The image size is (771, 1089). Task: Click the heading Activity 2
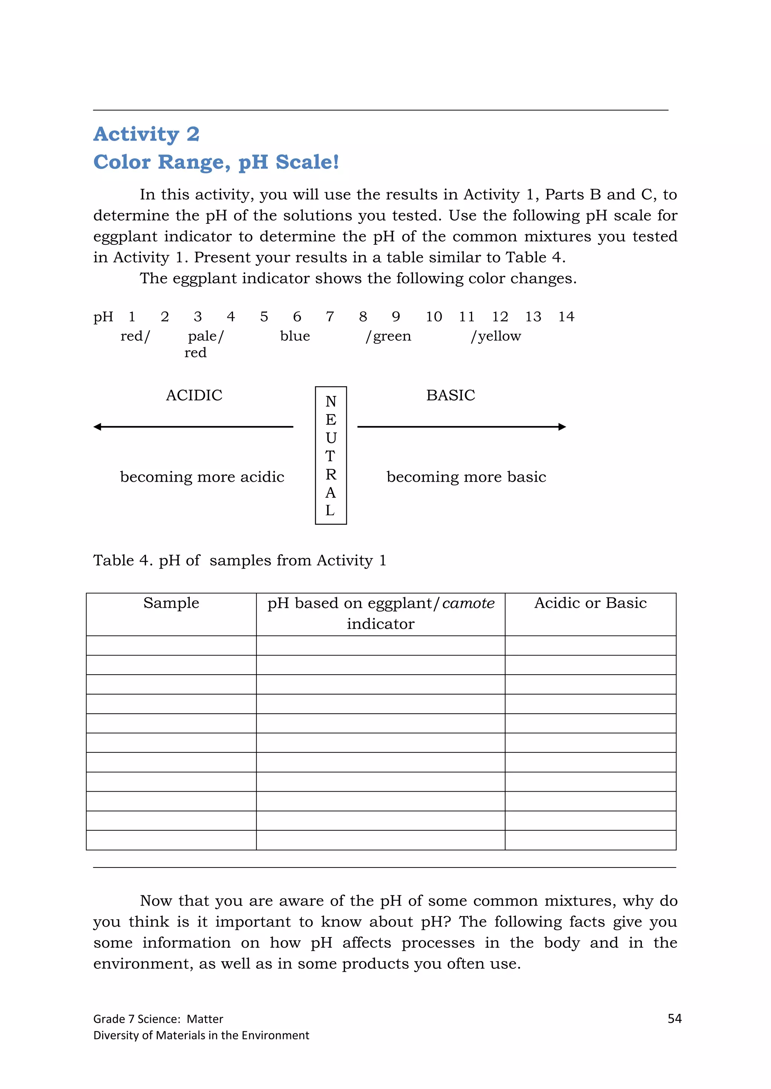(x=146, y=134)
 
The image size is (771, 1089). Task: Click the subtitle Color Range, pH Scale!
(x=216, y=162)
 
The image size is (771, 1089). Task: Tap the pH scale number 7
(x=330, y=316)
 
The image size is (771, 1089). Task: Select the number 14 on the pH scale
(x=566, y=316)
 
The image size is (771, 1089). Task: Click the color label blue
(x=295, y=336)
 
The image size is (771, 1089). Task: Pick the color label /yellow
(x=496, y=336)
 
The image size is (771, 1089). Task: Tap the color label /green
(x=389, y=336)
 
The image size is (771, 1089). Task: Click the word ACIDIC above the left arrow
(x=194, y=395)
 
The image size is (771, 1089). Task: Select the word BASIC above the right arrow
(x=451, y=395)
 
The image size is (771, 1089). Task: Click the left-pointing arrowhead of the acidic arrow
(x=98, y=427)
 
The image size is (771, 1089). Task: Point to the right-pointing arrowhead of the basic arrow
(x=562, y=427)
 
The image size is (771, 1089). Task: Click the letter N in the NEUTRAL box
(x=331, y=402)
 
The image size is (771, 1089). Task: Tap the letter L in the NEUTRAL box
(x=330, y=511)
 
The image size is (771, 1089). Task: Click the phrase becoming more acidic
(x=202, y=477)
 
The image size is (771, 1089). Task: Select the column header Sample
(x=171, y=603)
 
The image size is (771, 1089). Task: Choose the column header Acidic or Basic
(x=590, y=603)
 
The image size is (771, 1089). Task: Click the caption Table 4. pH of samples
(x=240, y=560)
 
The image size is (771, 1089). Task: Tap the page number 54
(x=674, y=1018)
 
